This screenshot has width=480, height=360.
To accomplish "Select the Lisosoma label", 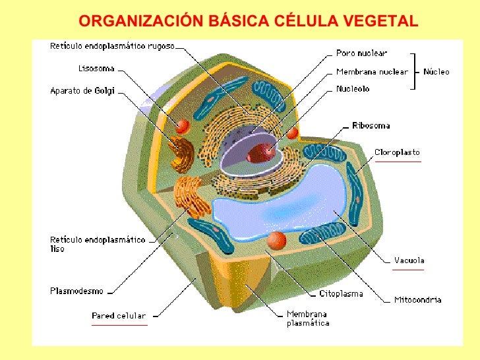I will [x=97, y=68].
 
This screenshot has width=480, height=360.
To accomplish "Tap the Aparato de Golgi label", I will [x=82, y=91].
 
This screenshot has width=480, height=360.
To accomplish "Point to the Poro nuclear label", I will [x=361, y=53].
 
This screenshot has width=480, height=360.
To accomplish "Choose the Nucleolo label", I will [x=353, y=88].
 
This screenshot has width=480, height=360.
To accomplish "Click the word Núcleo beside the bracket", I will [x=436, y=71].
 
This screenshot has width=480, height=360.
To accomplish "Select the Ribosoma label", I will [x=371, y=125].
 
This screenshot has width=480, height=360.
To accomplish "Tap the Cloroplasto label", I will [x=397, y=152].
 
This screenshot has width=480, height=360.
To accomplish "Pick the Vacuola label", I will [x=409, y=260].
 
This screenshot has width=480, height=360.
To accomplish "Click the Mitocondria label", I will [x=417, y=300].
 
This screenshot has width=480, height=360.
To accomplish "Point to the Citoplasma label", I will [x=341, y=293].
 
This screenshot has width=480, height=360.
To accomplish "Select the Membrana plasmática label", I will [x=307, y=318].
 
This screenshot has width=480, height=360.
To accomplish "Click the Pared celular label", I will [x=119, y=316].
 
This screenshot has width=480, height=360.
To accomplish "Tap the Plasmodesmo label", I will [x=76, y=289].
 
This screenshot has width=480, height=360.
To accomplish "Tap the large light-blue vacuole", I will [x=277, y=198].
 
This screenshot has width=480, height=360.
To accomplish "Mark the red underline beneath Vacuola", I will [x=408, y=269].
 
